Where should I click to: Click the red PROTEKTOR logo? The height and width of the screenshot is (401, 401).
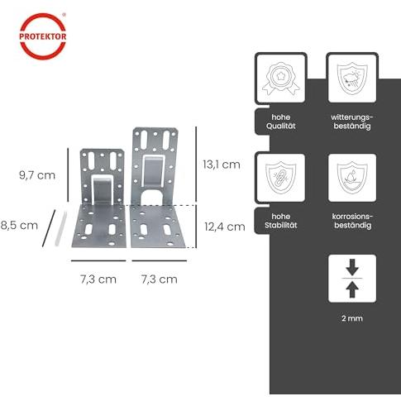pos(43,36)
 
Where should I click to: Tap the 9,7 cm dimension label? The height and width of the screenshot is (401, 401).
pos(37,175)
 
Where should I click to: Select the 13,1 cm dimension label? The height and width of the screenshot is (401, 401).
pos(222,165)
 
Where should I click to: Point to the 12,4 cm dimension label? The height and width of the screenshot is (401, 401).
pos(225,227)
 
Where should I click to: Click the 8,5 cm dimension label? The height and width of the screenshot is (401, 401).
pos(19,226)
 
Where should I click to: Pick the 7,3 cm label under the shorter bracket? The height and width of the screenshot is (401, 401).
pos(98,279)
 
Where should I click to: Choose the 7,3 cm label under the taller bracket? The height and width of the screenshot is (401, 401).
pos(160,279)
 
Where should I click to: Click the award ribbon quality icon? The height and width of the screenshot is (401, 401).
pos(281,79)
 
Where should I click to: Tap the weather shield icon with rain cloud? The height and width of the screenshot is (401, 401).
pos(352,79)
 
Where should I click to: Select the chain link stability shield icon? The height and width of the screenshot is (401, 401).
pos(281,178)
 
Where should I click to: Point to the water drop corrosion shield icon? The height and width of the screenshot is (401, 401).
pos(352,178)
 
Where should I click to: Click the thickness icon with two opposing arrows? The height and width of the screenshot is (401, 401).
pos(352,279)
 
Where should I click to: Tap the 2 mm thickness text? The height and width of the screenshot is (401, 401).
pos(352,318)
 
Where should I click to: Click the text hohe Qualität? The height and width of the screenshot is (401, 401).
pos(281,122)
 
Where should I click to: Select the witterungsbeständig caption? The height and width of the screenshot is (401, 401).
pos(352,122)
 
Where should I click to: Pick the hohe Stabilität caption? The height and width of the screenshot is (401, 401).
pos(281,221)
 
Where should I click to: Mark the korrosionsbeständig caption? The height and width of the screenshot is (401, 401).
pos(352,221)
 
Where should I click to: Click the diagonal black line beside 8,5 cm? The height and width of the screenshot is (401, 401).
pos(49,228)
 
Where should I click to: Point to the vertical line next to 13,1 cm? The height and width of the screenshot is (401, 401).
pos(196,165)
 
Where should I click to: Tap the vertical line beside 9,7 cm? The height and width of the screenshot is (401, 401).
pos(68,174)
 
